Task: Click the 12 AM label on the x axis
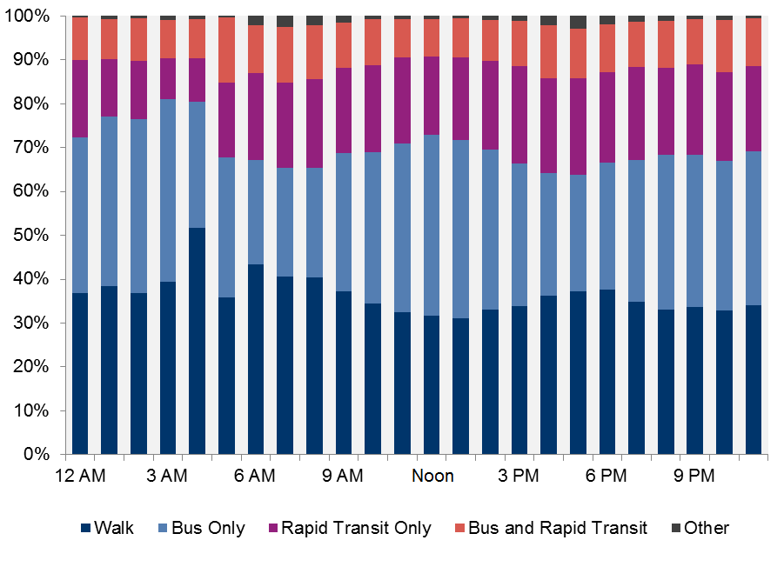click(80, 476)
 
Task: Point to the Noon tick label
click(432, 476)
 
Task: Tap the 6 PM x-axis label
click(606, 476)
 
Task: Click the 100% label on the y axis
click(33, 17)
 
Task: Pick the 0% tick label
click(40, 455)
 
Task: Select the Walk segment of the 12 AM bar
click(81, 374)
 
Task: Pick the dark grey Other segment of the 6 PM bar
click(607, 20)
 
